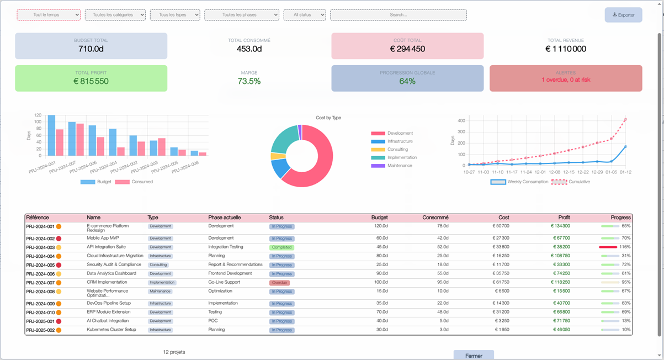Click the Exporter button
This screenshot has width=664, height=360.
623,15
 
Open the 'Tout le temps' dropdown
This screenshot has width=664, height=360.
49,15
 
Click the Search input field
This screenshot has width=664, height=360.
398,15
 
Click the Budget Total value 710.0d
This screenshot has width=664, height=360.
91,49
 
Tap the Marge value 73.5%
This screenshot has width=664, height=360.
249,81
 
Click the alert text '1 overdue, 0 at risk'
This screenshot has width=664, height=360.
566,80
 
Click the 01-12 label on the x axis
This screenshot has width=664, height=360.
625,172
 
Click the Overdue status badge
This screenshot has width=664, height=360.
279,283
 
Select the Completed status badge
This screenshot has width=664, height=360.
281,247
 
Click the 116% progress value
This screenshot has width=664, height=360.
625,247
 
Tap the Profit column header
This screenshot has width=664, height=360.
563,218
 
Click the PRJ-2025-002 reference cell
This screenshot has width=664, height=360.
40,330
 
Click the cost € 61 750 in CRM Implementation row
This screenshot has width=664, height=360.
500,283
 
